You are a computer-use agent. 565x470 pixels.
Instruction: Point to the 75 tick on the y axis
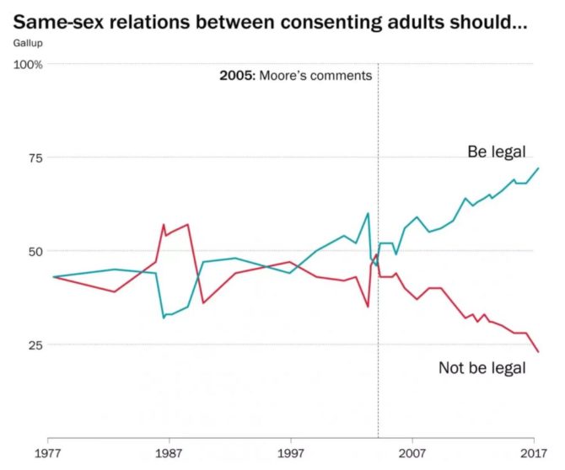tap(33, 158)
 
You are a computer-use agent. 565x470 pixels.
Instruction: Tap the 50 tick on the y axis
tap(33, 251)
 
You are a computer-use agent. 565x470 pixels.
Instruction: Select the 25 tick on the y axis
tap(33, 344)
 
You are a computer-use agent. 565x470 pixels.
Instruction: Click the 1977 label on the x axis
tap(48, 452)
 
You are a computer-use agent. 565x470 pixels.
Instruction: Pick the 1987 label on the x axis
tap(169, 452)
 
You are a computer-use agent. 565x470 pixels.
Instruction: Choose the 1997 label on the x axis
tap(291, 452)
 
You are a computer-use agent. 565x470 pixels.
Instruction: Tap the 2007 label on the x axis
tap(412, 452)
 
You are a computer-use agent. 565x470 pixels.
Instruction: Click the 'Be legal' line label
tap(496, 152)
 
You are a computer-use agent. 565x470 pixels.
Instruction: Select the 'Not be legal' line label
tap(482, 368)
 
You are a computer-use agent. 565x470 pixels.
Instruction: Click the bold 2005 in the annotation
tap(234, 76)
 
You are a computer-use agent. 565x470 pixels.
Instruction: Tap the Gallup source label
tap(27, 41)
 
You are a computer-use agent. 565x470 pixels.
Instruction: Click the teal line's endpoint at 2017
tap(538, 168)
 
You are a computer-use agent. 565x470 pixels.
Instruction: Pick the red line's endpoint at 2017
tap(538, 352)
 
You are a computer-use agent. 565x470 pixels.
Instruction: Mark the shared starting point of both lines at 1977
tap(53, 277)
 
